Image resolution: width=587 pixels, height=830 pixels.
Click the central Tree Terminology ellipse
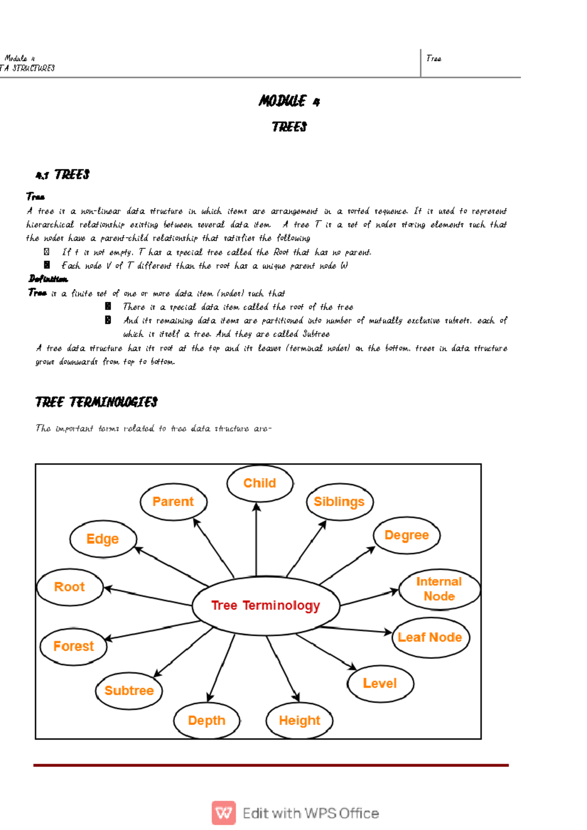pos(266,606)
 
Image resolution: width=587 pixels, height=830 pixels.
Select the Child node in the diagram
pos(260,483)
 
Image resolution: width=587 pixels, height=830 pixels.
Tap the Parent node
pos(173,502)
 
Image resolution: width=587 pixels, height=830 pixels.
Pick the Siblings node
pos(339,502)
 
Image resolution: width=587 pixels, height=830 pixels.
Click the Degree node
pos(406,535)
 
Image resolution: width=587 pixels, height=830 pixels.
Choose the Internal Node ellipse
pos(439,589)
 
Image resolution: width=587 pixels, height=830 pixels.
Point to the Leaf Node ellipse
pos(430,637)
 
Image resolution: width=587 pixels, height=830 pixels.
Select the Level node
pos(380,683)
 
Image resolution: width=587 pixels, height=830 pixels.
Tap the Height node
pos(299,720)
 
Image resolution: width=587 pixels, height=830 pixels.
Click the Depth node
pos(206,720)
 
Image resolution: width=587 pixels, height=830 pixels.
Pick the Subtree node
pos(129,691)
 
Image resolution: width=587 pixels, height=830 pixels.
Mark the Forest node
pos(73,646)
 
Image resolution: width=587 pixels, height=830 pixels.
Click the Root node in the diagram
pos(69,587)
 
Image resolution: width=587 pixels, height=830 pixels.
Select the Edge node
pos(103,539)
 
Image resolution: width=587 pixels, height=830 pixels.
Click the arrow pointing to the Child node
pos(256,538)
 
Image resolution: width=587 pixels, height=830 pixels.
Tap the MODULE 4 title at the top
pos(289,101)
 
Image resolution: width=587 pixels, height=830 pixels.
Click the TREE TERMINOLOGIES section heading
pos(96,402)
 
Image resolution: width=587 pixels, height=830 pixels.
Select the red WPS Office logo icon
pos(224,813)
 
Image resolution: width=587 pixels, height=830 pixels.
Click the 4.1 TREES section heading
pos(63,175)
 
